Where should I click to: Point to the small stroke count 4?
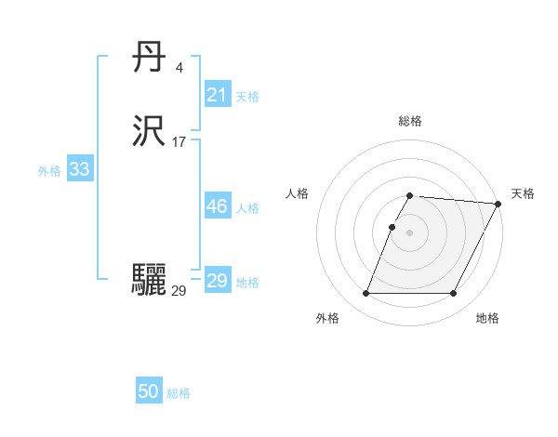coord(179,68)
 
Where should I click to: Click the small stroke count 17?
coord(179,142)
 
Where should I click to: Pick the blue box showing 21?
coord(217,95)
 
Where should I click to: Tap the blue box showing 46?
coord(217,206)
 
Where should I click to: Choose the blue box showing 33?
coord(79,169)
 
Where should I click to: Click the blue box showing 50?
coord(149,391)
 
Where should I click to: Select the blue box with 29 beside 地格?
coord(217,281)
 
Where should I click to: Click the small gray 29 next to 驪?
coord(179,291)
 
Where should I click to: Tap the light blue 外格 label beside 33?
coord(49,170)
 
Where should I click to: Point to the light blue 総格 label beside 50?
coord(179,393)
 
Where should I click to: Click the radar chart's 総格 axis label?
coord(409,121)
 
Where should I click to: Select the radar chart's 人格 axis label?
coord(297,193)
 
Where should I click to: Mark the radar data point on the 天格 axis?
coord(498,204)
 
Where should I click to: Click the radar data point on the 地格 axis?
coord(454,294)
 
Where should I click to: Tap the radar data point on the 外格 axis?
coord(365,294)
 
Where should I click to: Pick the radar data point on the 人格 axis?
coord(392,227)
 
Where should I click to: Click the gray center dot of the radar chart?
coord(409,232)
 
